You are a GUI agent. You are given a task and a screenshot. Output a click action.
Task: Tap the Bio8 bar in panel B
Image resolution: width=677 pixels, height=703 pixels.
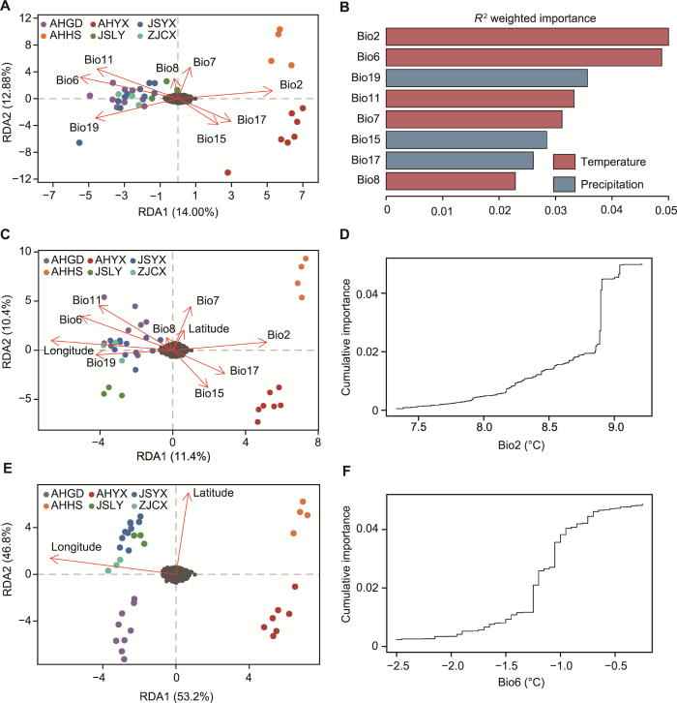[451, 180]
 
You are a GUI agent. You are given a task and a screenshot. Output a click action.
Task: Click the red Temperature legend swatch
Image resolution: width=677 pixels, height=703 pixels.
[564, 161]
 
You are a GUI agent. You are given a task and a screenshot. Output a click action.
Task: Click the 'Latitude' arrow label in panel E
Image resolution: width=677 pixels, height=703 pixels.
[213, 494]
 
